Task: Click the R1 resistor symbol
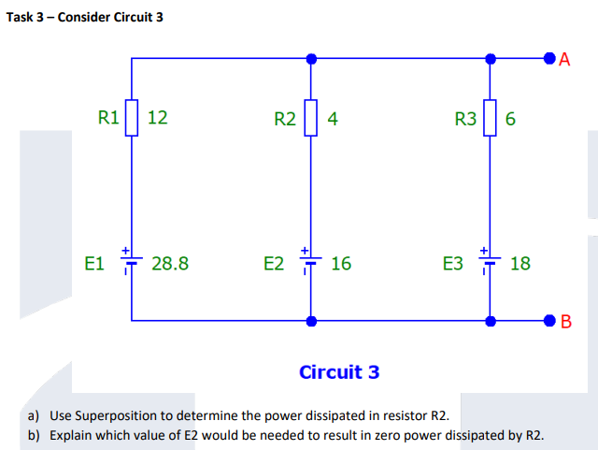132,118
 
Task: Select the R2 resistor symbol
311,118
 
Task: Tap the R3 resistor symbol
490,118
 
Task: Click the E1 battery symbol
132,262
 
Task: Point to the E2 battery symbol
311,262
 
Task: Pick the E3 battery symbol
490,262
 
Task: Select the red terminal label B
564,324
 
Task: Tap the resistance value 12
158,118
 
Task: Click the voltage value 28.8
169,264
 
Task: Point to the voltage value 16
341,264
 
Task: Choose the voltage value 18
520,264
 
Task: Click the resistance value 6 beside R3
510,119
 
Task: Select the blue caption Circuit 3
339,372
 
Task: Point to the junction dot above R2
311,59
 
